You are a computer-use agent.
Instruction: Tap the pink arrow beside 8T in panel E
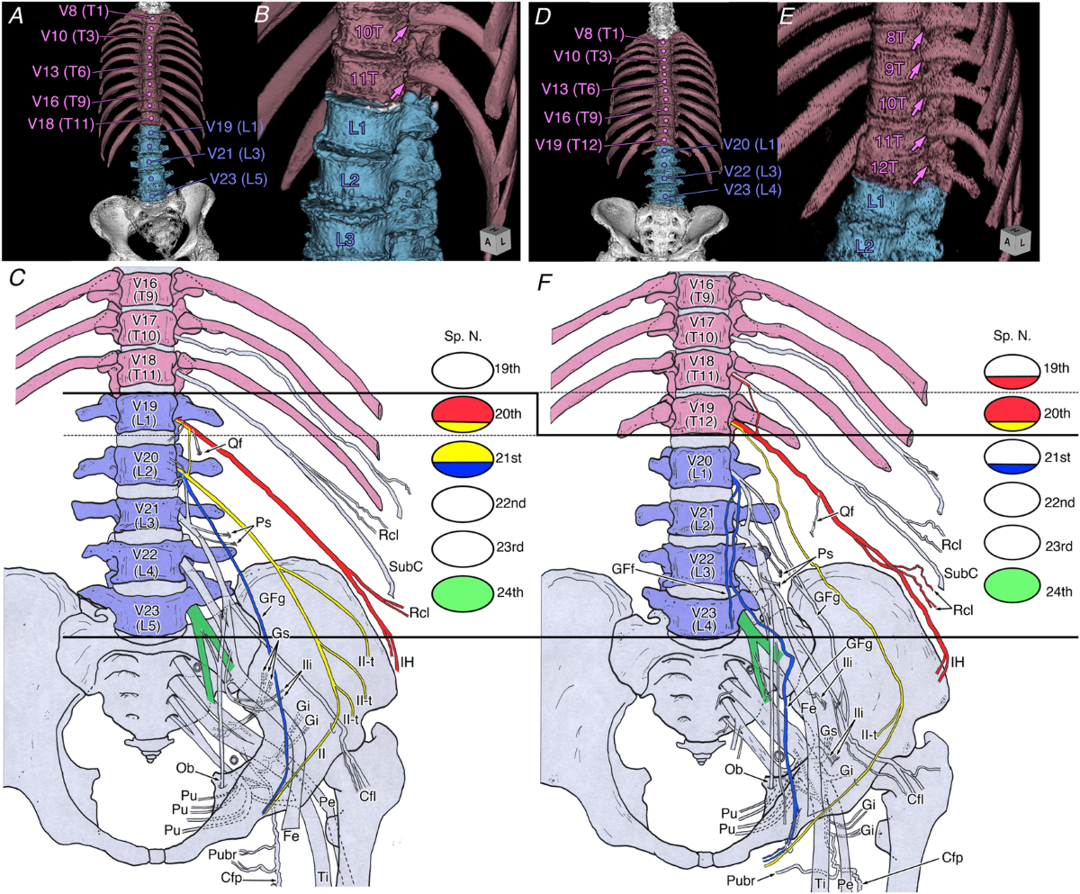tap(917, 39)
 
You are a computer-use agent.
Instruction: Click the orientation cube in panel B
tap(494, 241)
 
